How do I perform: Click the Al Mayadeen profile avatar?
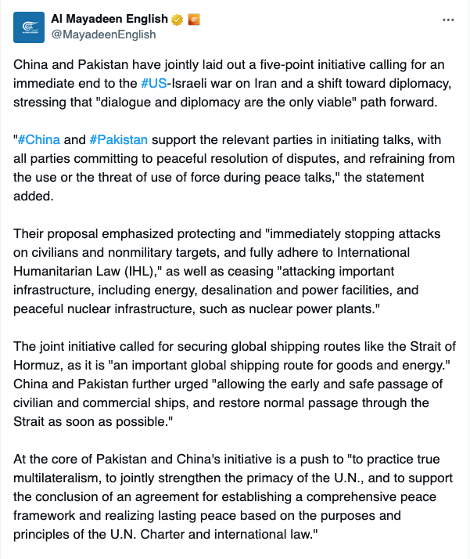tap(29, 27)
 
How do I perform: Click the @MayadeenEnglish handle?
tap(104, 34)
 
